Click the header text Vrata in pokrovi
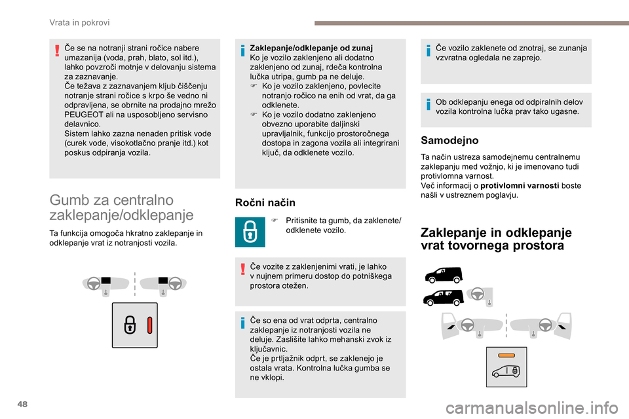tap(79, 22)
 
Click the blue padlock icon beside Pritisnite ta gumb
tap(250, 231)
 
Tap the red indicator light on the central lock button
tap(149, 325)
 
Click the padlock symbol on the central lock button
tap(130, 325)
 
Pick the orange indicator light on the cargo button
tap(506, 354)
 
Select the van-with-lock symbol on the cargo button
tap(506, 371)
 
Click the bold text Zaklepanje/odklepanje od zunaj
tap(311, 48)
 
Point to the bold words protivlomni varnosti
tap(520, 186)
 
